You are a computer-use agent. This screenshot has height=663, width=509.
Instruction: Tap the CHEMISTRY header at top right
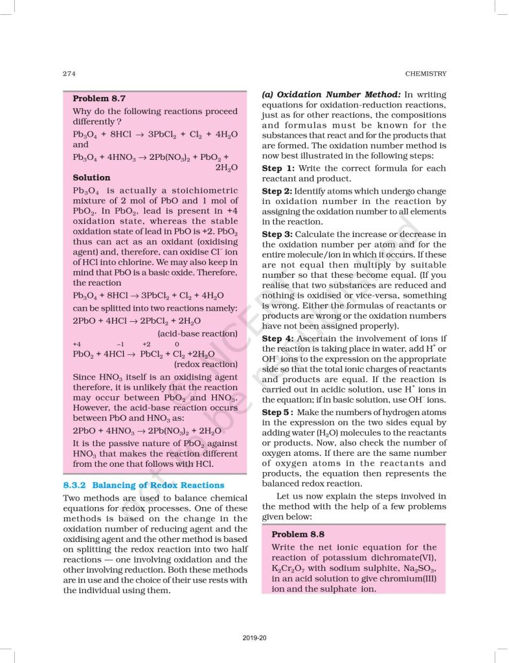point(425,73)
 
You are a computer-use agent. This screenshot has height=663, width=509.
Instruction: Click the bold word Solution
point(91,177)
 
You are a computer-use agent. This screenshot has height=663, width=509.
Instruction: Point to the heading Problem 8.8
point(298,534)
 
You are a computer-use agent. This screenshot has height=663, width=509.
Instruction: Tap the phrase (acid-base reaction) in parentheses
point(198,333)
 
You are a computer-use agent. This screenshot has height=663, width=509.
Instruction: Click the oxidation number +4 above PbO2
point(77,344)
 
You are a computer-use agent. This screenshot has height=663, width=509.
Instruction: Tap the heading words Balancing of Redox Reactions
point(158,485)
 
